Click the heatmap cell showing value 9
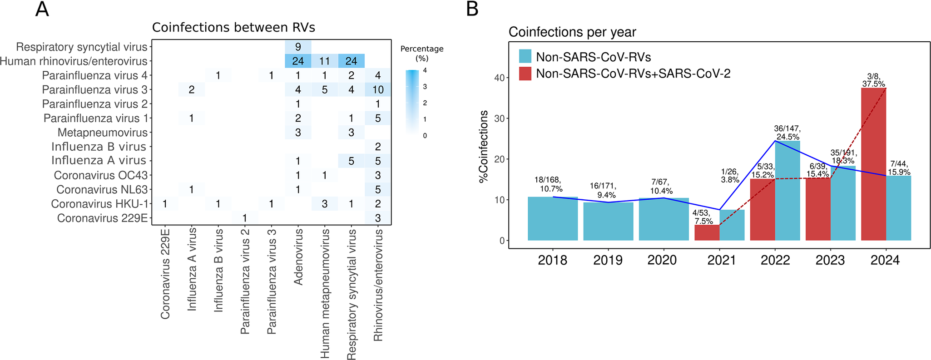pos(298,46)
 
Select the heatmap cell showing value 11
pos(324,61)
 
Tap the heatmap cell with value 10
pos(378,89)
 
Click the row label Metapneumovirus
pos(103,133)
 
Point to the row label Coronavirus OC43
pos(101,175)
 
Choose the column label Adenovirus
pos(298,257)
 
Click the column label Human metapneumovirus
pos(325,293)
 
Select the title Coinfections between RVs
pos(233,28)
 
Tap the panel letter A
pos(42,9)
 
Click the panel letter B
pos(472,9)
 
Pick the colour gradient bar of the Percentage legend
pos(412,102)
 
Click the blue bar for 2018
pos(553,218)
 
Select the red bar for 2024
pos(873,164)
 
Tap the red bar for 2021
pos(707,232)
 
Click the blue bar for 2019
pos(608,221)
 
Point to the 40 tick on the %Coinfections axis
pos(499,78)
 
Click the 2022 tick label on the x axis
pos(775,260)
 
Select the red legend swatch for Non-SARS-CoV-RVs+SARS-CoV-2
pos(525,74)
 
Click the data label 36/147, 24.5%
pos(787,133)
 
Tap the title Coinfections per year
pos(572,32)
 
